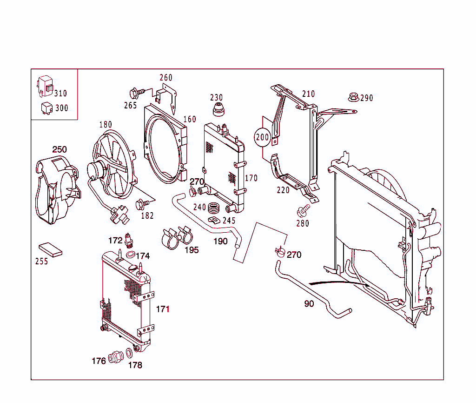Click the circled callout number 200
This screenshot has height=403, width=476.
pos(263,137)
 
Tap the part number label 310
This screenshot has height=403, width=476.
pos(60,94)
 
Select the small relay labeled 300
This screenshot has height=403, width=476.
pos(46,107)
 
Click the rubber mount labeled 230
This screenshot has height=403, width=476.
pos(218,111)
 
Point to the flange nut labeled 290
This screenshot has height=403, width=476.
pos(353,97)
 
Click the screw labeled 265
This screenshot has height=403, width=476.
pos(135,92)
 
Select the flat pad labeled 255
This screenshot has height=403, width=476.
pos(51,249)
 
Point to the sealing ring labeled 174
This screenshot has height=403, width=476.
pos(132,255)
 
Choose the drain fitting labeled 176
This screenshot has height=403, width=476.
pos(115,357)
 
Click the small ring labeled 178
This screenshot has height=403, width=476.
pos(129,355)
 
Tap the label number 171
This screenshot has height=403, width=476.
pos(163,309)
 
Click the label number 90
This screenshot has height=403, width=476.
pos(309,304)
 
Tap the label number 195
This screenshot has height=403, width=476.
pos(192,250)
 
